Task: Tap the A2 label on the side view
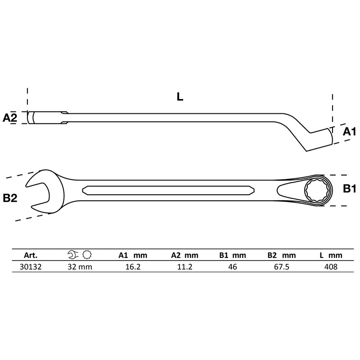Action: [x=10, y=118]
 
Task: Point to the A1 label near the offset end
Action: [x=349, y=132]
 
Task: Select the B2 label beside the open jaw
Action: [x=10, y=198]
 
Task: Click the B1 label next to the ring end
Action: [x=350, y=189]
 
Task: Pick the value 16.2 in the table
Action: [x=130, y=266]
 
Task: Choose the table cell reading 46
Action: [x=233, y=266]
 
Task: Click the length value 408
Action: [x=331, y=266]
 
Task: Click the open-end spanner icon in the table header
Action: [x=72, y=255]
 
